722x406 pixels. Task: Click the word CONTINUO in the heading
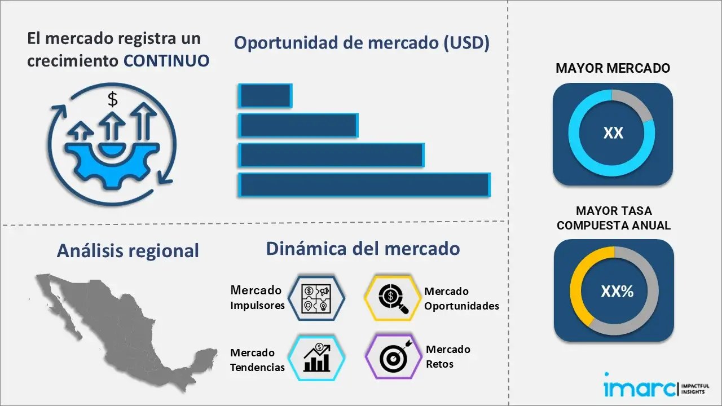pyautogui.click(x=166, y=60)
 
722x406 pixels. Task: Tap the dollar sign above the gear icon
pyautogui.click(x=113, y=100)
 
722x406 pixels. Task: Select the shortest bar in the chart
pyautogui.click(x=265, y=96)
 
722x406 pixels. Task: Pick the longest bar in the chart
pyautogui.click(x=364, y=185)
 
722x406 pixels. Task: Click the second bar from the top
pyautogui.click(x=298, y=125)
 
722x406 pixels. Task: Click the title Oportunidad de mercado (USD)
pyautogui.click(x=362, y=43)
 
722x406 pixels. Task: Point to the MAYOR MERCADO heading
pyautogui.click(x=613, y=68)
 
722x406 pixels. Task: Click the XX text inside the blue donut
pyautogui.click(x=613, y=133)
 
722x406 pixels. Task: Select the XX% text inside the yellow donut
pyautogui.click(x=617, y=292)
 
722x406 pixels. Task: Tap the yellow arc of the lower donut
pyautogui.click(x=578, y=282)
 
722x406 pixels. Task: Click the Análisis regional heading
pyautogui.click(x=127, y=251)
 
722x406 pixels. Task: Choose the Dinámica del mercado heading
pyautogui.click(x=363, y=248)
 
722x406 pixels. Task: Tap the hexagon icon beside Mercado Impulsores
pyautogui.click(x=316, y=298)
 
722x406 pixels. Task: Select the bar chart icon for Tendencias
pyautogui.click(x=316, y=359)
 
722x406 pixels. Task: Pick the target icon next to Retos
pyautogui.click(x=393, y=356)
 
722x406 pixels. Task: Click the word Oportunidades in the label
pyautogui.click(x=461, y=306)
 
